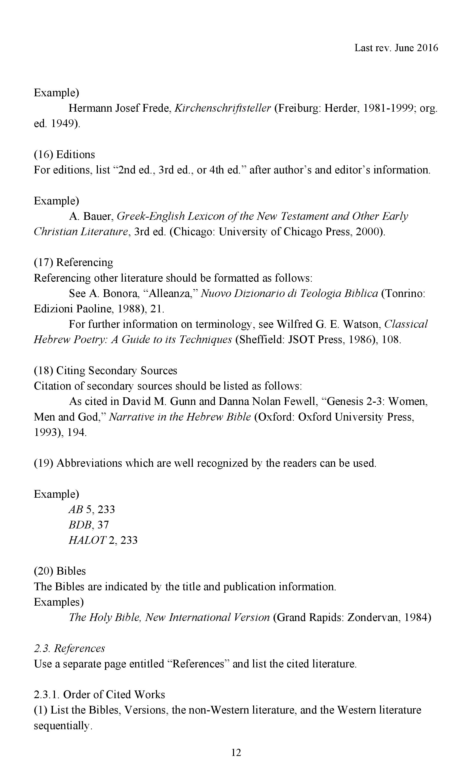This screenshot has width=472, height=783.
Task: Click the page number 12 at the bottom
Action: coord(236,752)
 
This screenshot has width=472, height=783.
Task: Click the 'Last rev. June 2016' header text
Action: coord(396,48)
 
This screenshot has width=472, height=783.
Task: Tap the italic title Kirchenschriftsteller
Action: coord(223,108)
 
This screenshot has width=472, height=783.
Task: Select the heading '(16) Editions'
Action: coord(64,154)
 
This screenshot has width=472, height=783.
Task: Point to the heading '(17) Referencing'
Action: coord(73,262)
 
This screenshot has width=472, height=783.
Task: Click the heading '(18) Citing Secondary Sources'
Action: coord(105,370)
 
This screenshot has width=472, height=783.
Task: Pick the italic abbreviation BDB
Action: coord(79,525)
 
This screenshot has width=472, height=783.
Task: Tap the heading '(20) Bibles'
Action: coord(60,571)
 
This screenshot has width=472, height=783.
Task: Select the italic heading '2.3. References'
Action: coord(69,648)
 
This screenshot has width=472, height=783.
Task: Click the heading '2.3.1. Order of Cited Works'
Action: coord(99,694)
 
